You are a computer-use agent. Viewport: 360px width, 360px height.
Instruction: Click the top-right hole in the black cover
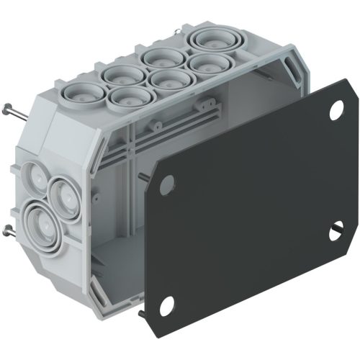pyautogui.click(x=336, y=112)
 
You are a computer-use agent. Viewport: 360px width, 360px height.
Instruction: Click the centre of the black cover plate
pyautogui.click(x=252, y=209)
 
